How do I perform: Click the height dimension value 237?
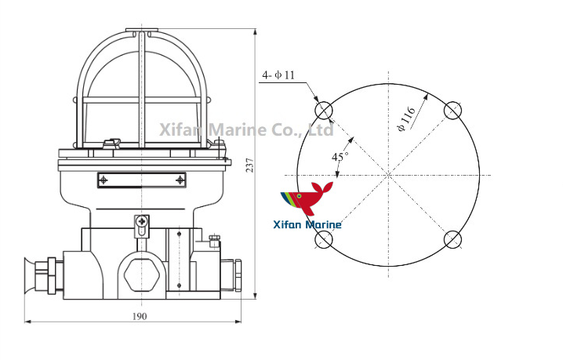(x=249, y=165)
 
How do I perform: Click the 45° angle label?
(x=340, y=157)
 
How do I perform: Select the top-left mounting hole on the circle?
(x=324, y=111)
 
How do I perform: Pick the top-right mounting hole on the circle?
(x=453, y=111)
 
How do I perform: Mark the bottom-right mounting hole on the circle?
(x=453, y=238)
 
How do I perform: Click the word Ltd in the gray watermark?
(x=321, y=129)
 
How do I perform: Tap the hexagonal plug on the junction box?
(x=141, y=274)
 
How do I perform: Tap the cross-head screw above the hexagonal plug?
(x=141, y=223)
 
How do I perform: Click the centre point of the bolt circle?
(x=388, y=174)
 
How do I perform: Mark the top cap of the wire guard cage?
(x=141, y=31)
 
